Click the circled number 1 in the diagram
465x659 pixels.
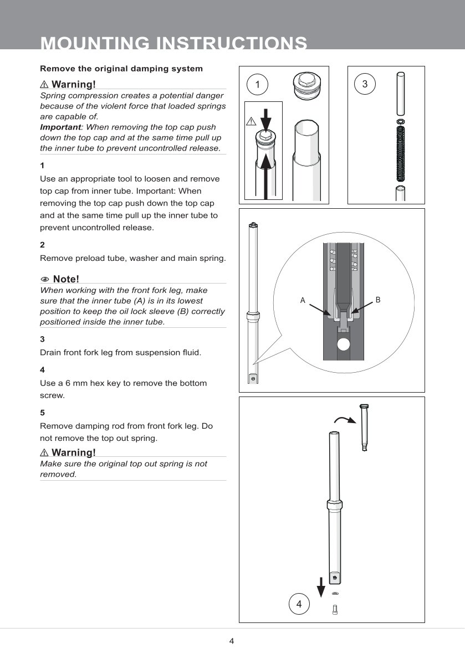click(x=257, y=84)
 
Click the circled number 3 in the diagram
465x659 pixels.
click(x=365, y=84)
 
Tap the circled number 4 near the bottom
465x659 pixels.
click(x=299, y=604)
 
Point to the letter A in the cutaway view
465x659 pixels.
click(x=303, y=300)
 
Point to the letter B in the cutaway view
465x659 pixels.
click(x=378, y=300)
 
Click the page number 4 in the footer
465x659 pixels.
click(x=232, y=641)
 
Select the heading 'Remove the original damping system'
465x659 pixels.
click(x=121, y=69)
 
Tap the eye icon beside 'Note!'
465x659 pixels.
click(x=45, y=279)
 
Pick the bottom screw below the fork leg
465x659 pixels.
click(x=335, y=610)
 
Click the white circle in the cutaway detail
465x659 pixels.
click(x=344, y=344)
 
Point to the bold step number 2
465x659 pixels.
click(x=42, y=244)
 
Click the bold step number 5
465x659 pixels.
click(x=42, y=413)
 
